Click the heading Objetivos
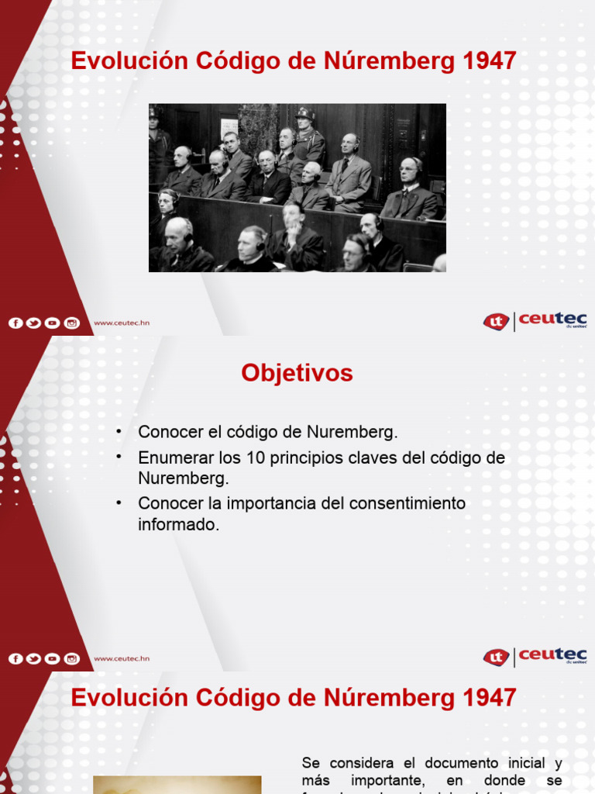297,373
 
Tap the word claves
370,457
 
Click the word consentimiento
408,503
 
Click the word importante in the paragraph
388,780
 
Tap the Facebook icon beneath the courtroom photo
15,323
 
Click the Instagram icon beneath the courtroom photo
72,323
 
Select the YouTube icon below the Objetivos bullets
53,659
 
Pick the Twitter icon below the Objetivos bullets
34,659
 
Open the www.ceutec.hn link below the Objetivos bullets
122,659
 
